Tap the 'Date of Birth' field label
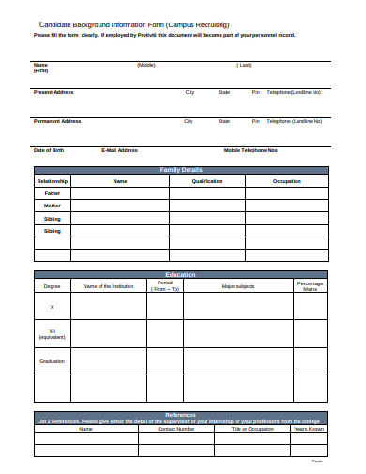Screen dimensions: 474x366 pyautogui.click(x=49, y=150)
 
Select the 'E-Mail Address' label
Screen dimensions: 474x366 pyautogui.click(x=119, y=150)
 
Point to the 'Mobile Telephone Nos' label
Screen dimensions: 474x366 pyautogui.click(x=251, y=150)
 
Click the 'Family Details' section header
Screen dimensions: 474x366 pyautogui.click(x=181, y=170)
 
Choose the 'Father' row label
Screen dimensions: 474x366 pyautogui.click(x=53, y=192)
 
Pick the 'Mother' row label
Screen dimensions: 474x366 pyautogui.click(x=53, y=205)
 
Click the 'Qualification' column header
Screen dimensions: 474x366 pyautogui.click(x=206, y=180)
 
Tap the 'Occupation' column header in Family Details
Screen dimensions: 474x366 pyautogui.click(x=286, y=180)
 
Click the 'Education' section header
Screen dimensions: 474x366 pyautogui.click(x=181, y=275)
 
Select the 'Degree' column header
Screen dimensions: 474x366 pyautogui.click(x=52, y=286)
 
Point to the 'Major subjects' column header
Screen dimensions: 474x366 pyautogui.click(x=238, y=286)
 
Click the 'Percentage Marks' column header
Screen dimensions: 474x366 pyautogui.click(x=310, y=285)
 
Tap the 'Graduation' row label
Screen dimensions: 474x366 pyautogui.click(x=53, y=361)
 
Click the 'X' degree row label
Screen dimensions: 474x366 pyautogui.click(x=53, y=307)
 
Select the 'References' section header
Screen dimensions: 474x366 pyautogui.click(x=181, y=414)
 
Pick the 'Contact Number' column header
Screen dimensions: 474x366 pyautogui.click(x=175, y=429)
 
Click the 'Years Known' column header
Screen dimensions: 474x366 pyautogui.click(x=309, y=429)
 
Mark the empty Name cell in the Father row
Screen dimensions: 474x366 pyautogui.click(x=119, y=192)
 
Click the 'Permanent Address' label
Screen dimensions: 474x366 pyautogui.click(x=57, y=121)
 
